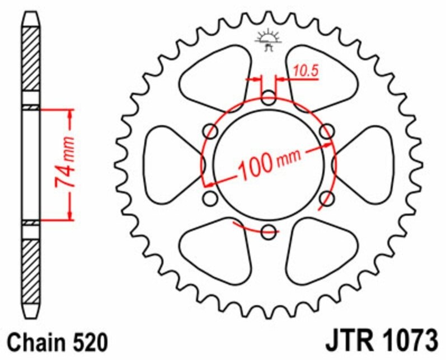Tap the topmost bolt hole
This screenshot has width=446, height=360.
pyautogui.click(x=269, y=101)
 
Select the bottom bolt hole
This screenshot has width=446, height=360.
pyautogui.click(x=269, y=230)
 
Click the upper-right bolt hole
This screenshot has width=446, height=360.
pyautogui.click(x=326, y=132)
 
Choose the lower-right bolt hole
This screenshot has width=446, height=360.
pyautogui.click(x=326, y=198)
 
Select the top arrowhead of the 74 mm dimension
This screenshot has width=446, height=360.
pyautogui.click(x=70, y=114)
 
